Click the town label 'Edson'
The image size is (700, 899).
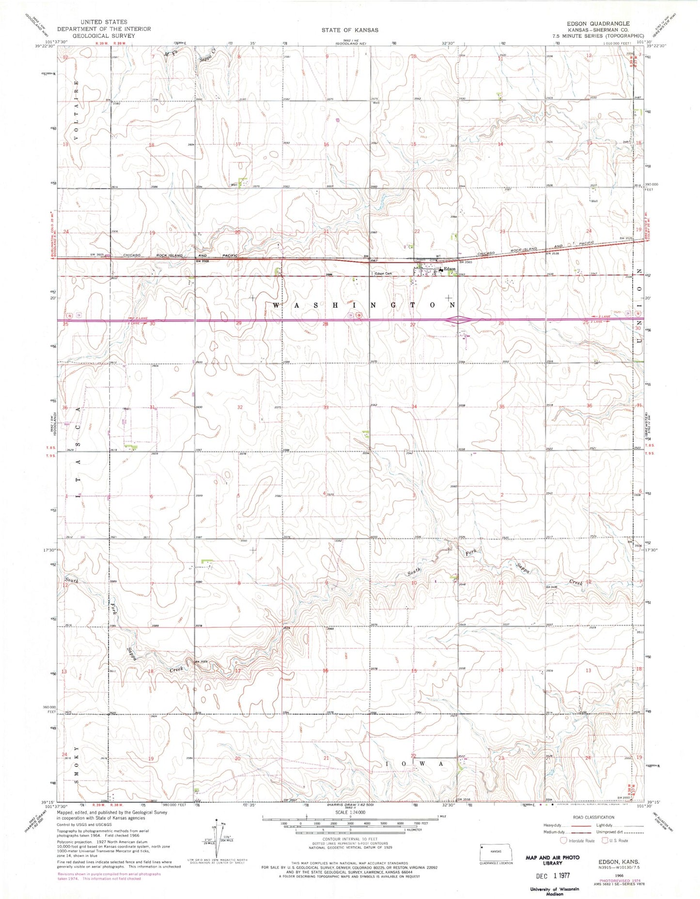coord(450,269)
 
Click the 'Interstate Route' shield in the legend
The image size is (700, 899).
coord(563,840)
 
